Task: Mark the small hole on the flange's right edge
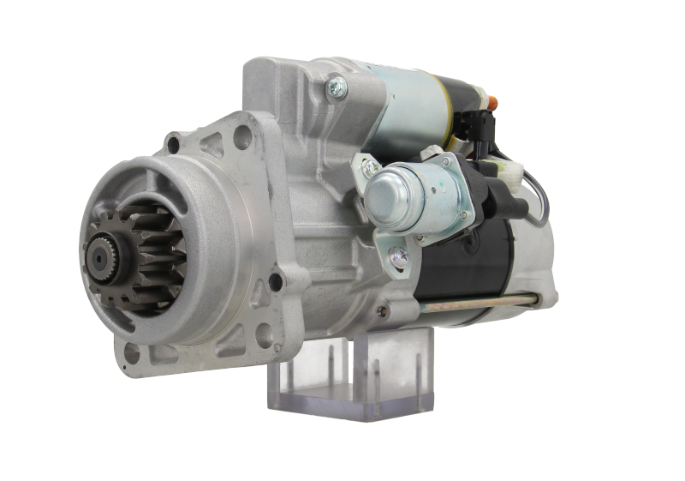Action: [277, 280]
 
